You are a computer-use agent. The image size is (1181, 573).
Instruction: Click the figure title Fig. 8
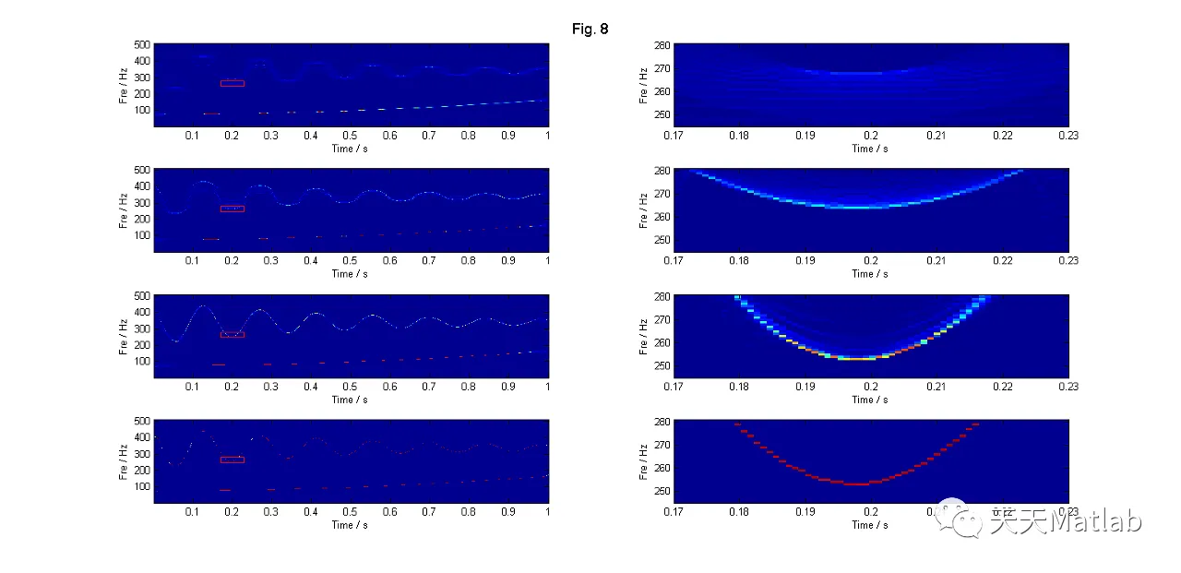coord(590,30)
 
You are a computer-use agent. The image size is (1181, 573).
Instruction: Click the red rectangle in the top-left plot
coord(233,83)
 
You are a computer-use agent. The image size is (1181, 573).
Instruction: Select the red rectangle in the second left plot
coord(233,209)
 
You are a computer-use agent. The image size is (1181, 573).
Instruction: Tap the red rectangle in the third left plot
coord(233,334)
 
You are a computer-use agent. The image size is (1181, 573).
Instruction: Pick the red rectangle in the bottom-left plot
coord(233,460)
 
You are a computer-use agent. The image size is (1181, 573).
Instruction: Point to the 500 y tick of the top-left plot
coord(141,44)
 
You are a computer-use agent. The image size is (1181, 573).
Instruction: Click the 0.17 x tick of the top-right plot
coord(675,136)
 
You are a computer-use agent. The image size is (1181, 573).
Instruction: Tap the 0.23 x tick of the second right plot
coord(1068,261)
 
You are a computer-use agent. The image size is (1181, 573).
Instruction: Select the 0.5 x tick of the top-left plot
coord(351,136)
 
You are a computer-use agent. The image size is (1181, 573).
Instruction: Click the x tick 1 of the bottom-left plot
coord(548,512)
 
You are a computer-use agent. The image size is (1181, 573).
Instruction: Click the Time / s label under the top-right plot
coord(871,149)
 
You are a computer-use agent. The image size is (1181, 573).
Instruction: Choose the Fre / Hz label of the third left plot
coord(123,336)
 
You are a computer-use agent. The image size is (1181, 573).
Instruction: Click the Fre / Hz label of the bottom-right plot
coord(643,461)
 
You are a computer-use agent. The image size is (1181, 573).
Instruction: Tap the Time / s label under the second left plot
coord(351,273)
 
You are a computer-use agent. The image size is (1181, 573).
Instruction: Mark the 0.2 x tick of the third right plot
coord(871,387)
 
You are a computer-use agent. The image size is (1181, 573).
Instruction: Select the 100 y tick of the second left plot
coord(141,234)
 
